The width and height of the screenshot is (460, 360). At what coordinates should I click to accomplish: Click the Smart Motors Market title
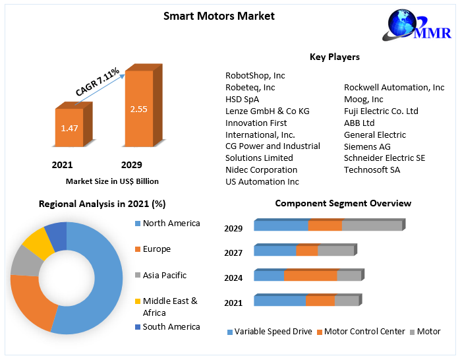coord(219,16)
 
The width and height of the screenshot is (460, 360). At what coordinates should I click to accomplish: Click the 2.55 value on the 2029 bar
coord(138,109)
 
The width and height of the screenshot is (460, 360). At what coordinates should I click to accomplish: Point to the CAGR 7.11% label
coord(98,82)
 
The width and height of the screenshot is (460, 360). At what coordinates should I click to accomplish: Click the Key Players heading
coord(335,57)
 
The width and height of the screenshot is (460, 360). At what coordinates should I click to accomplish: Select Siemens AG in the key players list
coord(367,146)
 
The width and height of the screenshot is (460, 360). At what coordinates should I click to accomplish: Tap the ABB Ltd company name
coord(359,123)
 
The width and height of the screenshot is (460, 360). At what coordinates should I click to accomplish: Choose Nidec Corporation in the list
coord(261,169)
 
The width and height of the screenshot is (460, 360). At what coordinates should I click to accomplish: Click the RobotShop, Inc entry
coord(255,75)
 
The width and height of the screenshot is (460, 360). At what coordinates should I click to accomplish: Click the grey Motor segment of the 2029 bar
coord(372,225)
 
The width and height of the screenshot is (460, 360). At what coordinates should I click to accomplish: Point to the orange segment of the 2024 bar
coord(310,276)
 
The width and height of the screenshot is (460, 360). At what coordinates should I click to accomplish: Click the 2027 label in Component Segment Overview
coord(233,253)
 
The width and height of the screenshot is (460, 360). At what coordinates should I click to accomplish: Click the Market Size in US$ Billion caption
coord(112,181)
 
